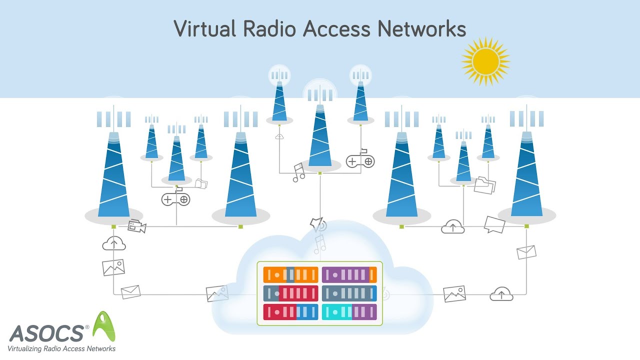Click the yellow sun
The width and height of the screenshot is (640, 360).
tap(485, 61)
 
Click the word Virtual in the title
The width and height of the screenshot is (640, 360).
tap(204, 29)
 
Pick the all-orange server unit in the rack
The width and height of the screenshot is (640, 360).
tap(290, 274)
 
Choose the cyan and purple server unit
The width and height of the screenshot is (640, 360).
tap(349, 312)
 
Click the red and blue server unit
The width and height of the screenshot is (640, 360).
tap(290, 312)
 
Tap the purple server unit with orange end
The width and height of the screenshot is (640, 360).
tap(349, 274)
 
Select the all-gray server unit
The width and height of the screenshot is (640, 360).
tap(349, 293)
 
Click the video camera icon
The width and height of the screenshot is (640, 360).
tap(136, 226)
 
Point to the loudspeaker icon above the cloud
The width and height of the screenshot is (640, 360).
tap(318, 224)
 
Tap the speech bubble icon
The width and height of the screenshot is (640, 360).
tap(494, 224)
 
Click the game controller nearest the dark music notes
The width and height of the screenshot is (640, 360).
tap(360, 160)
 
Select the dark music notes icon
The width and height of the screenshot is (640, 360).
tap(299, 171)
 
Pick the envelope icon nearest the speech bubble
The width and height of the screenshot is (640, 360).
tap(526, 252)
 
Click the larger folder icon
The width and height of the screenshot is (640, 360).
tap(484, 185)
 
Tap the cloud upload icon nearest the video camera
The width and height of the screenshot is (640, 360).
tap(114, 243)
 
